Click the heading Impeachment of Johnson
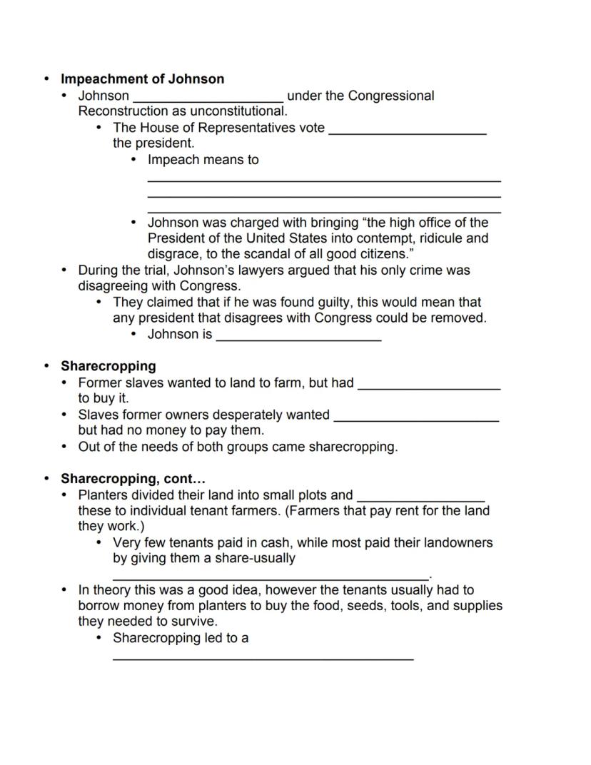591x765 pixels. pos(142,79)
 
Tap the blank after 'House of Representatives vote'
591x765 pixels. pos(407,132)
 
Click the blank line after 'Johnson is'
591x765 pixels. pos(298,339)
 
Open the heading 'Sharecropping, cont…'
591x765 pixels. pos(133,479)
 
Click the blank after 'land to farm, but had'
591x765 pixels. pos(428,387)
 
